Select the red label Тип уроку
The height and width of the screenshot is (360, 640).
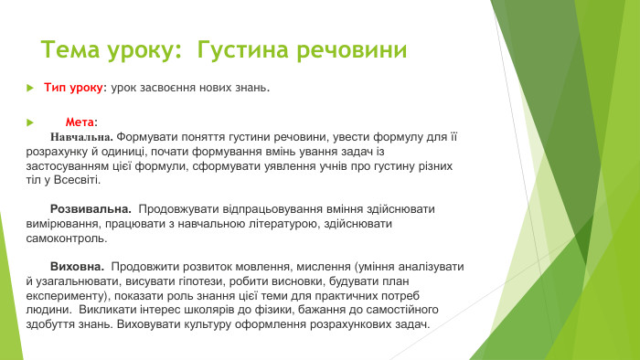(x=74, y=89)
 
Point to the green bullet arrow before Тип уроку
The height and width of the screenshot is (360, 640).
(x=29, y=89)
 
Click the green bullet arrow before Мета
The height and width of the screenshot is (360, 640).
(x=29, y=122)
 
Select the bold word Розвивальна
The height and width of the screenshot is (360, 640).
(x=91, y=209)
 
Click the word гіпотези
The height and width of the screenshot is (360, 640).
(x=192, y=281)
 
